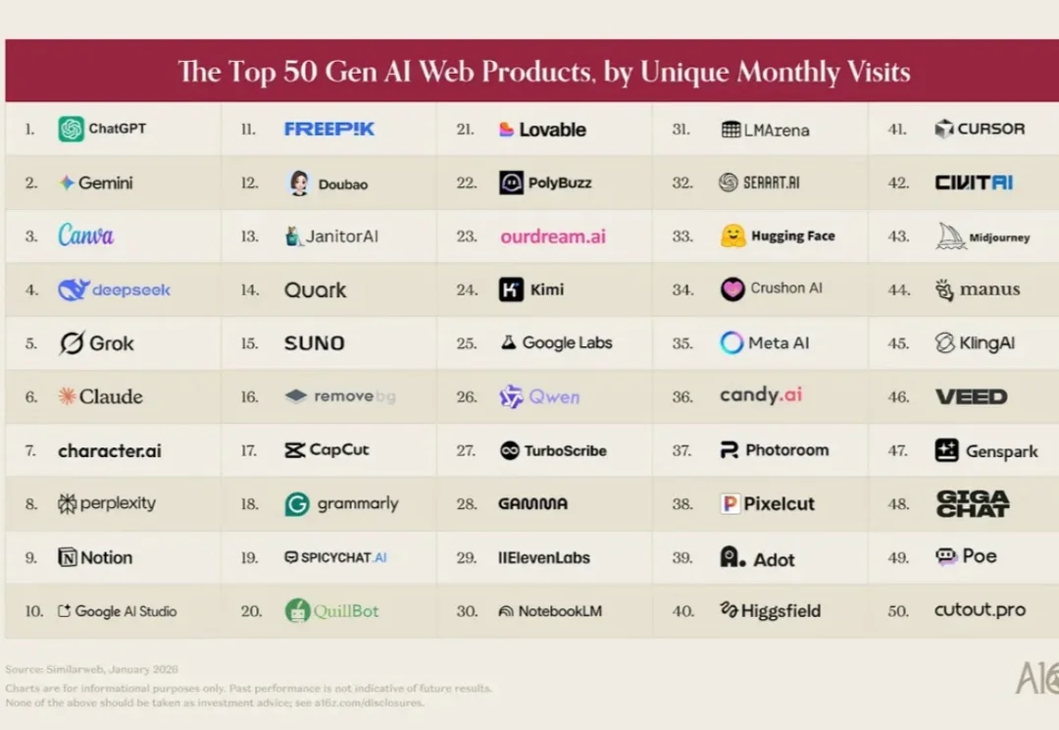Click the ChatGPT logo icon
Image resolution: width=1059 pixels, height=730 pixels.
tap(71, 129)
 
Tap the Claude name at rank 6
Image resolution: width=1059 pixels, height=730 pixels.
tap(111, 396)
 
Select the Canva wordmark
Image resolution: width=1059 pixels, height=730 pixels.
tap(85, 235)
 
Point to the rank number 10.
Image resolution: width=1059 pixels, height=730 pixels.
tap(34, 611)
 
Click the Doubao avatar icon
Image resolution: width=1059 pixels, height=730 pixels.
tap(299, 182)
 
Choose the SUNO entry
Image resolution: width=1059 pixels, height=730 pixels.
tap(314, 343)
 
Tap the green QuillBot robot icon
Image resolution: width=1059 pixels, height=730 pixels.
tap(297, 611)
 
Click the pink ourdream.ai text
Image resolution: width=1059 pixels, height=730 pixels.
tap(553, 236)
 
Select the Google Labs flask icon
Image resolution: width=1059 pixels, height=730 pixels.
tap(508, 342)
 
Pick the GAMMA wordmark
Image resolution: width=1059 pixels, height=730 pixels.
tap(532, 504)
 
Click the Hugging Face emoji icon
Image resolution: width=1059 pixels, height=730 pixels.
tap(732, 236)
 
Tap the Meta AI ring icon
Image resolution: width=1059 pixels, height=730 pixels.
tap(731, 342)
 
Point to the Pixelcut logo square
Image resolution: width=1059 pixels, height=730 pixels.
tap(730, 504)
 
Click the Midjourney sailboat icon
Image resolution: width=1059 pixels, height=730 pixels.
tap(950, 236)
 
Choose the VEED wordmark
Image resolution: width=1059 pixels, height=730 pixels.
tap(971, 396)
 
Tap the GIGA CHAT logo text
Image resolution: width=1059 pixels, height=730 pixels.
tap(972, 504)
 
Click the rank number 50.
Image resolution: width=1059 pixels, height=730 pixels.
tap(897, 611)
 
